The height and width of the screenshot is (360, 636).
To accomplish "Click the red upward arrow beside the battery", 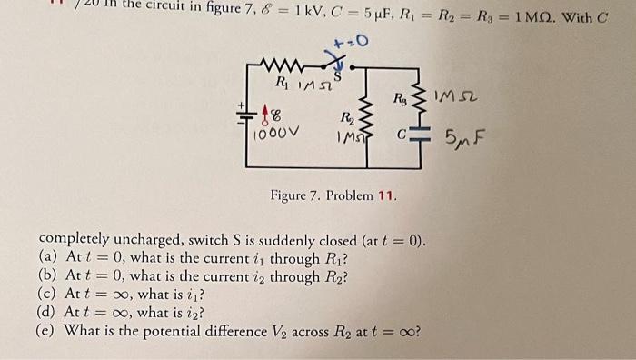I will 266,113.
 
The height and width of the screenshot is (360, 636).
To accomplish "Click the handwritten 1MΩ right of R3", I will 462,95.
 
